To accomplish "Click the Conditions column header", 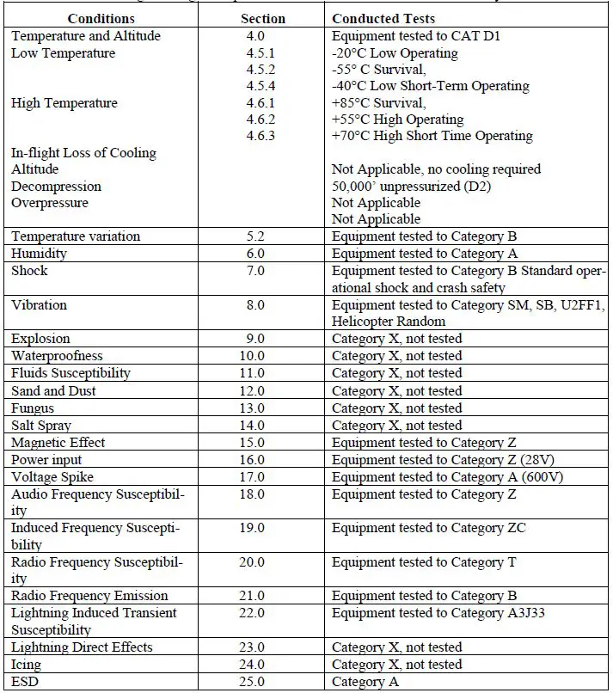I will tap(101, 18).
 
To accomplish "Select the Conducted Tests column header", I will tap(383, 18).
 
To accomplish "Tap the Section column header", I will tap(263, 18).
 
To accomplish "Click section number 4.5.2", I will tap(261, 70).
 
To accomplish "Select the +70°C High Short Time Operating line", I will tap(432, 136).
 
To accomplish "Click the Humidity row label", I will tap(39, 254).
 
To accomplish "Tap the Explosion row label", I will tap(40, 339).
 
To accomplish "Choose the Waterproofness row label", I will tap(57, 356).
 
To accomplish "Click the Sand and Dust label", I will tap(53, 390).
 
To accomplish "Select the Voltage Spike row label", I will tap(52, 476).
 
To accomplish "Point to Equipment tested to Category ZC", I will tap(428, 527).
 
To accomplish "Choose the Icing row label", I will tap(26, 664).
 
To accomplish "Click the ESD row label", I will tap(25, 681).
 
